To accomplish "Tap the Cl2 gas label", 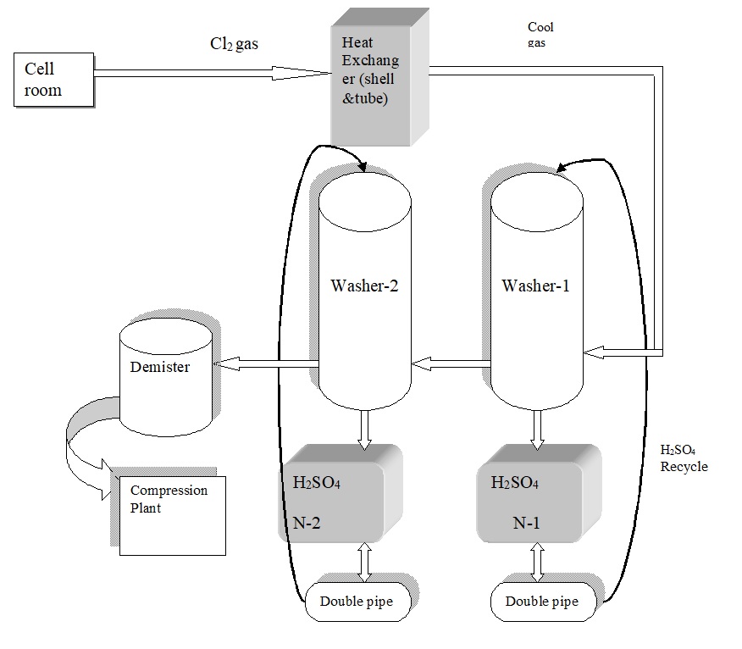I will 234,44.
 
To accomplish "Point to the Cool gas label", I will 540,34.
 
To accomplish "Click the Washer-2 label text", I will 364,286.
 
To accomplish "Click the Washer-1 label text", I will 536,286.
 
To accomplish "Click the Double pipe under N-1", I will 542,602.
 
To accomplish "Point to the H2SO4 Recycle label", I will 684,458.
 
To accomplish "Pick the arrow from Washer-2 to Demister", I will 265,363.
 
